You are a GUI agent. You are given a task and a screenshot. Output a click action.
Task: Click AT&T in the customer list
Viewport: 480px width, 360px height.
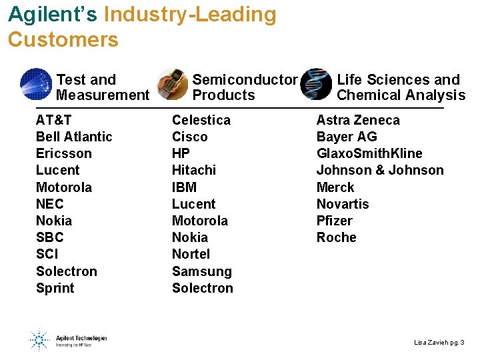point(54,120)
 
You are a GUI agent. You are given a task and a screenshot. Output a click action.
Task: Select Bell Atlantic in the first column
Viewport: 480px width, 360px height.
point(74,137)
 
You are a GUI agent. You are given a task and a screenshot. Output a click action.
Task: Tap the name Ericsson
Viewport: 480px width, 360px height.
point(64,153)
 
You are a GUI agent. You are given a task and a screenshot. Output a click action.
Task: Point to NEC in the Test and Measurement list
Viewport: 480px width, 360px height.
point(49,204)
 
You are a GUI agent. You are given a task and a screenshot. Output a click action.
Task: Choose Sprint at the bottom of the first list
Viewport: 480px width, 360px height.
point(55,288)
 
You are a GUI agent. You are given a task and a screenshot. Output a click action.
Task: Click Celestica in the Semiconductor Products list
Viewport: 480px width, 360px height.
point(201,120)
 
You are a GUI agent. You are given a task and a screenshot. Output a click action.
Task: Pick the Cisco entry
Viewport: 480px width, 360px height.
point(190,137)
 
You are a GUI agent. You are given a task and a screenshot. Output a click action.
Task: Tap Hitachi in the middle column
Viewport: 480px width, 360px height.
point(195,170)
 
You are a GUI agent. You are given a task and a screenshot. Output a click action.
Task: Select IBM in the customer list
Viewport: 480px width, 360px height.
point(185,187)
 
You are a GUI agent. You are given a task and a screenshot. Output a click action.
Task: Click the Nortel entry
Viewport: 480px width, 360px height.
point(191,254)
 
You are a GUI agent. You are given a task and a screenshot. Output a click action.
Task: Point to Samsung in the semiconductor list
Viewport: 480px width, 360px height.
point(202,271)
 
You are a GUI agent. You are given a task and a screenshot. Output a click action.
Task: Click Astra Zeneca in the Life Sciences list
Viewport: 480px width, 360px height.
point(358,120)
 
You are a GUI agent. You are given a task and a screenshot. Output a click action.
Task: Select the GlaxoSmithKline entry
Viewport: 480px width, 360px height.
point(369,153)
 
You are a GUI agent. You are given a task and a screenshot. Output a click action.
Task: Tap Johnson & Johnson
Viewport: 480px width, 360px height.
point(380,170)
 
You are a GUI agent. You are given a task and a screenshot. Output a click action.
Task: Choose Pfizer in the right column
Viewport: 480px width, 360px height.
point(335,221)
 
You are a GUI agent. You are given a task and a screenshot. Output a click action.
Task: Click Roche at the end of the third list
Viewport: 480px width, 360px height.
point(337,237)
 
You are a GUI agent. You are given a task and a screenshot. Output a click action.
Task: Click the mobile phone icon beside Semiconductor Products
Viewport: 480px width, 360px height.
point(172,84)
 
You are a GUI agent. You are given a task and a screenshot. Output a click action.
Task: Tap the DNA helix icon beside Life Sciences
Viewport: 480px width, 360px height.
point(316,84)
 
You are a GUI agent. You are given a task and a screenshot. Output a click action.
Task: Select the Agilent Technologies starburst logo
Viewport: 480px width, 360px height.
point(38,339)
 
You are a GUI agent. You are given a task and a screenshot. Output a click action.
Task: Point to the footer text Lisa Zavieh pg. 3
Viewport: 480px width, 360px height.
point(439,342)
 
